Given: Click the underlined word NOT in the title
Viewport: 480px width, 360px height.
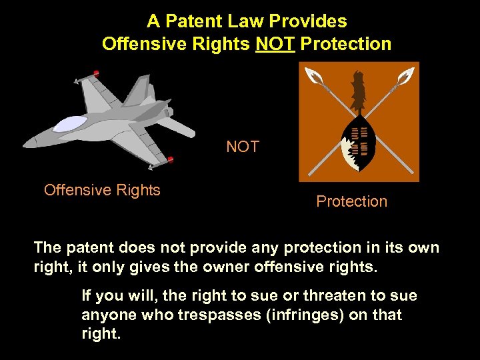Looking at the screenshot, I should pos(275,44).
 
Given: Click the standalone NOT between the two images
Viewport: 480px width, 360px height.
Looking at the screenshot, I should pos(243,147).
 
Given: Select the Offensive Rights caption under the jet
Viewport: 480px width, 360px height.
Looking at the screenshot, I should pos(102,190).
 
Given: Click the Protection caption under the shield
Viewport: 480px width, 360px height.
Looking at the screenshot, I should pos(351,201).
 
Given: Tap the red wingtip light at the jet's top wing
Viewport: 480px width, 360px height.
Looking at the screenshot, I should pos(97,72).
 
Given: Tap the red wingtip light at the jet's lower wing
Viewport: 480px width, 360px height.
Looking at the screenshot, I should pos(171,159).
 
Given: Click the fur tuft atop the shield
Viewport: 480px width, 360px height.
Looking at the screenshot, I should pos(359,91).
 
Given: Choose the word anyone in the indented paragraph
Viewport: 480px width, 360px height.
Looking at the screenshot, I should pos(106,315).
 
